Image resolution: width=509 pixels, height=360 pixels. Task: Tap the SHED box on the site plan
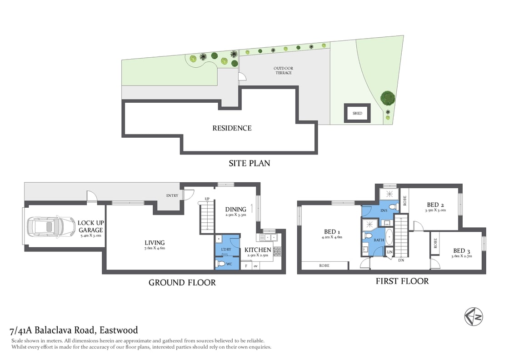click(358, 113)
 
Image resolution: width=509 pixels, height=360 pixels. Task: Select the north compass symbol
click(473, 316)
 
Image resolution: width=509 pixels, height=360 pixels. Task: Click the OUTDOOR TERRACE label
click(283, 70)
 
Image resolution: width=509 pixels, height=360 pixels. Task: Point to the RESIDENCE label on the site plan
click(232, 128)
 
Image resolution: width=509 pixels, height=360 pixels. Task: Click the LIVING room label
click(155, 243)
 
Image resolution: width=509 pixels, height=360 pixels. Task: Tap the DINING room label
click(235, 210)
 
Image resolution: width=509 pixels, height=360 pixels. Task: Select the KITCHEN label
click(258, 250)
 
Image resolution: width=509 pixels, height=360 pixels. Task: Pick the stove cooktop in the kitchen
click(277, 250)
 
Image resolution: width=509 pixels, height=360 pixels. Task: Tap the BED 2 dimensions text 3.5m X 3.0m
click(435, 210)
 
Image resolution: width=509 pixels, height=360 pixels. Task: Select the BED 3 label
click(462, 250)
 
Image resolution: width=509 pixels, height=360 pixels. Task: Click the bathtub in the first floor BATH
click(389, 240)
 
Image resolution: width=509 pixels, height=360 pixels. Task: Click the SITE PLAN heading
click(249, 163)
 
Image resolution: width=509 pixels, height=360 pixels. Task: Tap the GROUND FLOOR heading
click(182, 283)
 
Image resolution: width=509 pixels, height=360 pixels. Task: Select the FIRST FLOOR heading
click(402, 281)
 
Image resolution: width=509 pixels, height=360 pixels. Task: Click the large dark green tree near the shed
click(387, 97)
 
